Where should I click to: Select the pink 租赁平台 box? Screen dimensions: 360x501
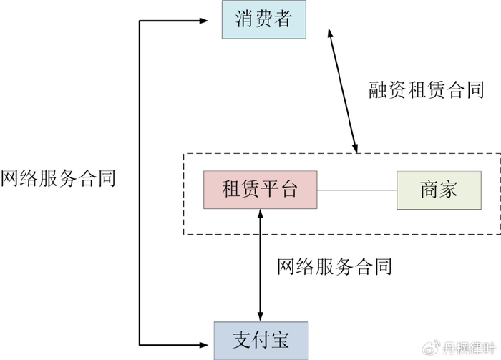click(260, 190)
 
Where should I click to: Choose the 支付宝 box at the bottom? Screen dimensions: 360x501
click(261, 340)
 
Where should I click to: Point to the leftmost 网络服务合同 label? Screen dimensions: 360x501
click(58, 177)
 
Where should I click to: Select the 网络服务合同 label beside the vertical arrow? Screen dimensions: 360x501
click(334, 267)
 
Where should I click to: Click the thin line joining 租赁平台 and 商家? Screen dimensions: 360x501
click(356, 190)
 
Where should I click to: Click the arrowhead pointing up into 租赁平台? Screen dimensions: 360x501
click(261, 214)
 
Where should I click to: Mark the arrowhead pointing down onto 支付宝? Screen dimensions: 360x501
click(261, 316)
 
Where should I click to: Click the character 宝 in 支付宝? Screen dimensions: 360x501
click(279, 340)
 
